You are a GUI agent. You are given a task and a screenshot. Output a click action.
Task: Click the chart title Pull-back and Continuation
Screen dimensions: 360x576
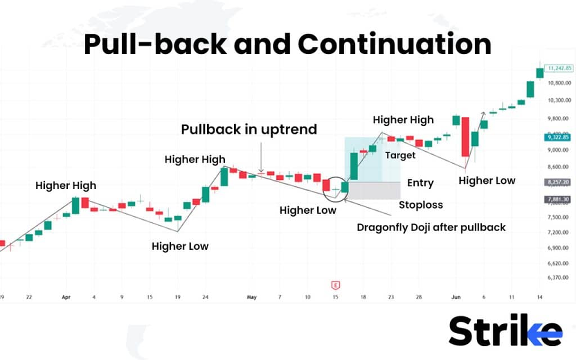pyautogui.click(x=287, y=45)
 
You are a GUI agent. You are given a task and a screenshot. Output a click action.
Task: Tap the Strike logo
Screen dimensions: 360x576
pyautogui.click(x=505, y=331)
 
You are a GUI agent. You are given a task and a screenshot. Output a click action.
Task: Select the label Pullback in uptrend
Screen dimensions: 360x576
pyautogui.click(x=249, y=129)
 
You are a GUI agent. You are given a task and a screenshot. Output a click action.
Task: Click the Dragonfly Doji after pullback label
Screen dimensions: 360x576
pyautogui.click(x=431, y=227)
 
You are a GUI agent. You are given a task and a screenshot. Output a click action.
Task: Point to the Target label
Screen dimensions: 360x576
pyautogui.click(x=400, y=155)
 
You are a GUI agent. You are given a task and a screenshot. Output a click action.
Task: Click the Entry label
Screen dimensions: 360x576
pyautogui.click(x=420, y=183)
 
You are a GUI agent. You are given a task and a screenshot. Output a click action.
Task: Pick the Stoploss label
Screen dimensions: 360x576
pyautogui.click(x=421, y=205)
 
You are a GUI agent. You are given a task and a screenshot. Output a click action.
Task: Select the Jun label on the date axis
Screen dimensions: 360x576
pyautogui.click(x=455, y=296)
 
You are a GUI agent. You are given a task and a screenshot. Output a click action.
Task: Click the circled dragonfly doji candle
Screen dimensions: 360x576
pyautogui.click(x=336, y=189)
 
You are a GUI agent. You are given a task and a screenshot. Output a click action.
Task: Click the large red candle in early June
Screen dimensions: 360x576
pyautogui.click(x=465, y=137)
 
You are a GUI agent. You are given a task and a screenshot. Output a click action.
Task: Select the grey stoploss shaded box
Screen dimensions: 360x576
pyautogui.click(x=373, y=191)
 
